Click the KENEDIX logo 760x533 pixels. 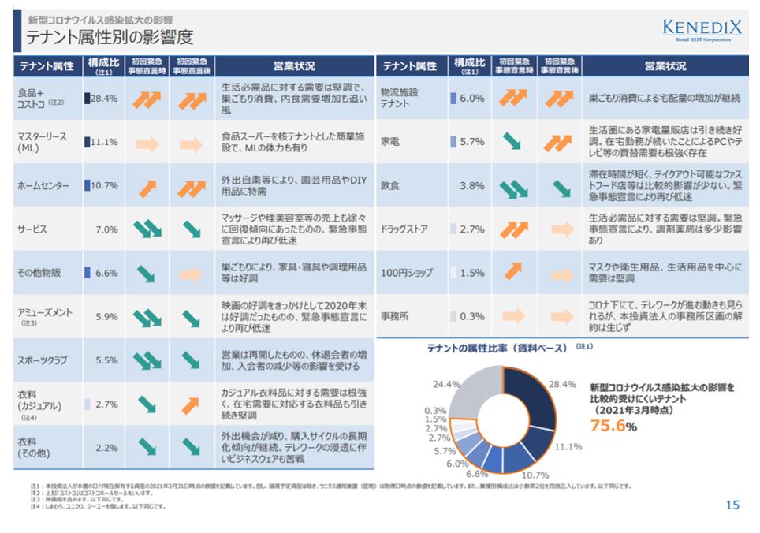pyautogui.click(x=702, y=32)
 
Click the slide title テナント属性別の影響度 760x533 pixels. pyautogui.click(x=110, y=37)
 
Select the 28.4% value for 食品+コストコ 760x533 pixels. pyautogui.click(x=104, y=99)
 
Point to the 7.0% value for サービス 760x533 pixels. pyautogui.click(x=106, y=229)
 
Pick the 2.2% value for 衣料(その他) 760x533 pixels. pyautogui.click(x=106, y=448)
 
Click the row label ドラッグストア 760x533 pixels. pyautogui.click(x=404, y=229)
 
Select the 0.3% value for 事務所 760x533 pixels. pyautogui.click(x=472, y=316)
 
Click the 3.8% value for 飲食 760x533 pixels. pyautogui.click(x=471, y=186)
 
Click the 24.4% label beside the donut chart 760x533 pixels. pyautogui.click(x=447, y=384)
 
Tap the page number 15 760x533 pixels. pyautogui.click(x=732, y=505)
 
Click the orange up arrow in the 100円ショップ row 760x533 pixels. pyautogui.click(x=513, y=272)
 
